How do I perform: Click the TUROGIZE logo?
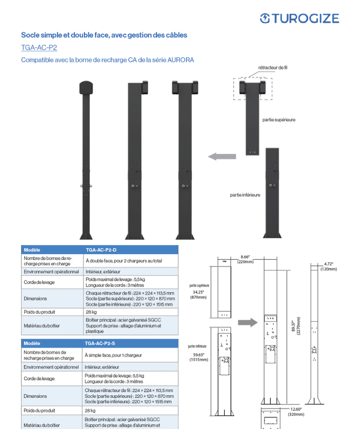coord(299,18)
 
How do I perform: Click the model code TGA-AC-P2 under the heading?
coord(39,48)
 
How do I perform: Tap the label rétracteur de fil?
coord(273,68)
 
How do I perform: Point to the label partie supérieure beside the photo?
coord(279,120)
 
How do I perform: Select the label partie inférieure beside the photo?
coord(245,195)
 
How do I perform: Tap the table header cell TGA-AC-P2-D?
coord(101,250)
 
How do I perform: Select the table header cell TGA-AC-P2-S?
coord(100,344)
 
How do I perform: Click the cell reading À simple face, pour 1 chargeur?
coord(113,355)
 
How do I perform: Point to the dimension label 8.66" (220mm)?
coord(246,259)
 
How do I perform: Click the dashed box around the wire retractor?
coord(252,89)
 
